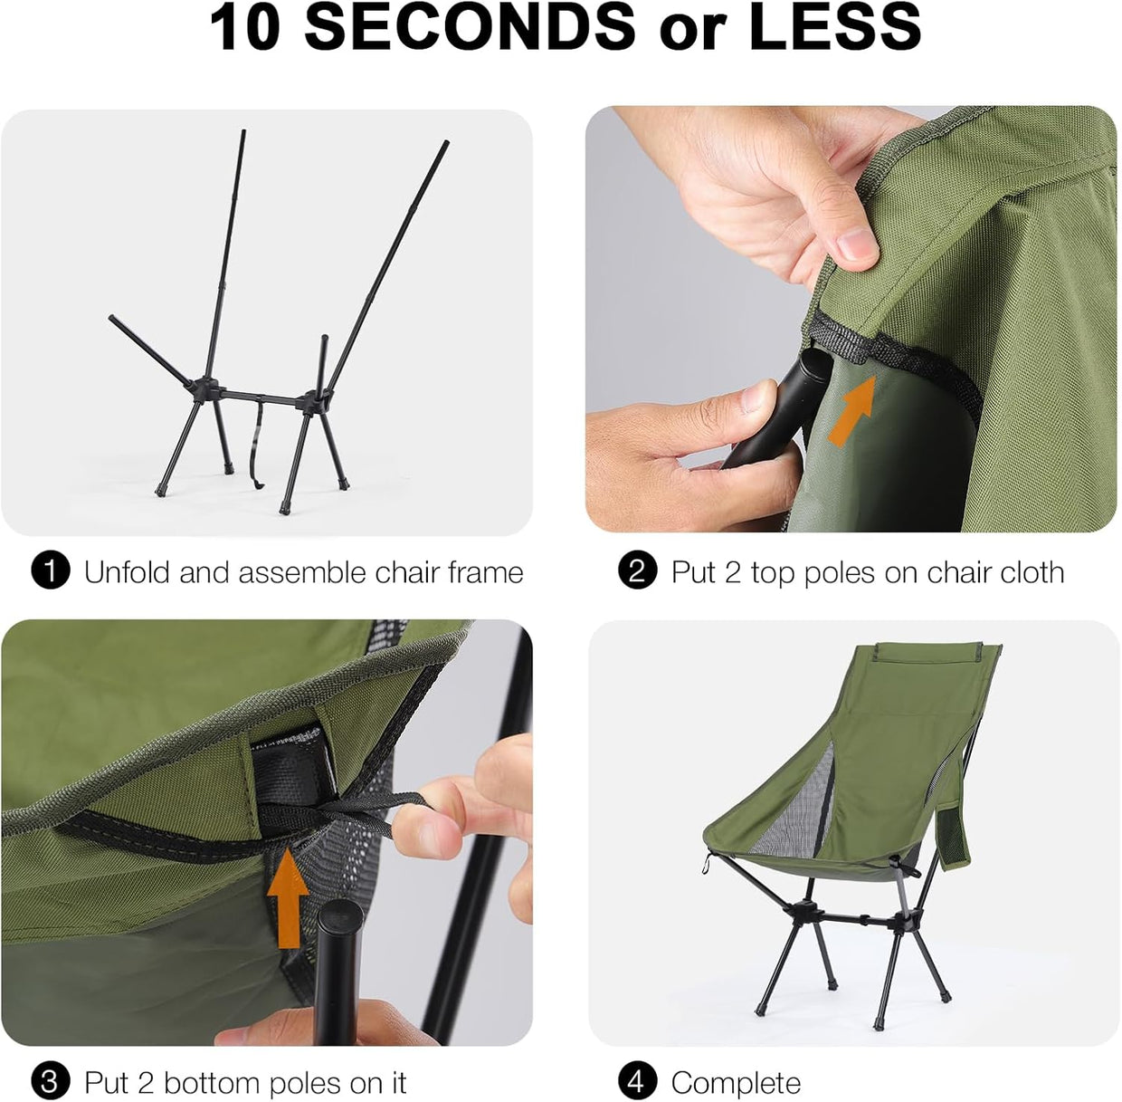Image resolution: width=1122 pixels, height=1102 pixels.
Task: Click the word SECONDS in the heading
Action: [x=470, y=27]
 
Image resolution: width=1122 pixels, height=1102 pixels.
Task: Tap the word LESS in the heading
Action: [x=834, y=27]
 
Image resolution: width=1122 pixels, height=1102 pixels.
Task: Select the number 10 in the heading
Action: [x=244, y=27]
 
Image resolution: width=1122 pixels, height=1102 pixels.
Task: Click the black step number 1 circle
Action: [x=52, y=571]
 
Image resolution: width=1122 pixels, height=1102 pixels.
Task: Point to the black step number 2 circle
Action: [x=638, y=571]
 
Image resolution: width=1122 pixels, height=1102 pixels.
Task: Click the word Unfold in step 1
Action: [x=128, y=571]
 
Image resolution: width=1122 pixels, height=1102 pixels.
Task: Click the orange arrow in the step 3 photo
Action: [x=288, y=896]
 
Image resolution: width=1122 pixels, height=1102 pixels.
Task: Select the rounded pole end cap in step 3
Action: [x=340, y=916]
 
